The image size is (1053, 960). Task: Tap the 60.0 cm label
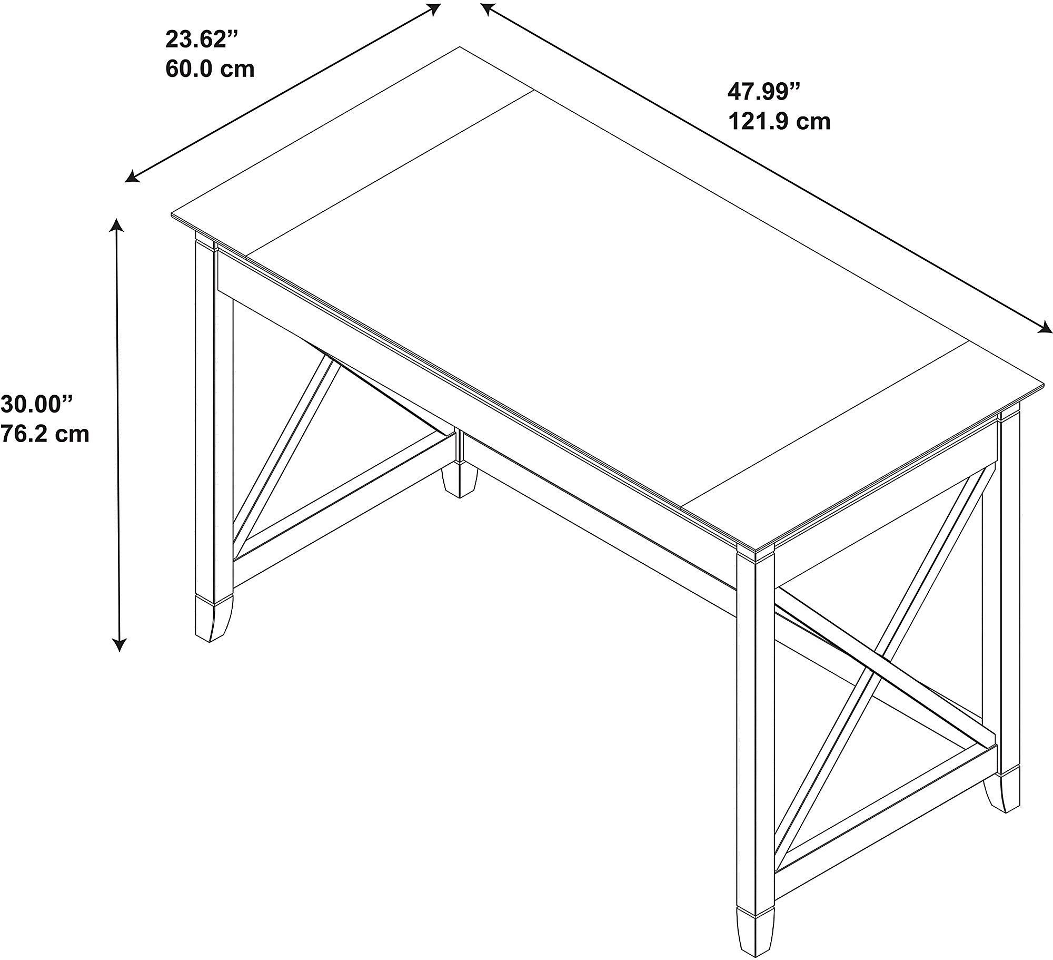[x=210, y=69]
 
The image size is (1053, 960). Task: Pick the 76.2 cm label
[x=45, y=434]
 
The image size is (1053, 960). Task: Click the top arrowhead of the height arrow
[x=116, y=225]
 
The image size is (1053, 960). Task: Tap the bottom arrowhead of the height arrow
[x=120, y=644]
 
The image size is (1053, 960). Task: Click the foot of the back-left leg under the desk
[x=460, y=479]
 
